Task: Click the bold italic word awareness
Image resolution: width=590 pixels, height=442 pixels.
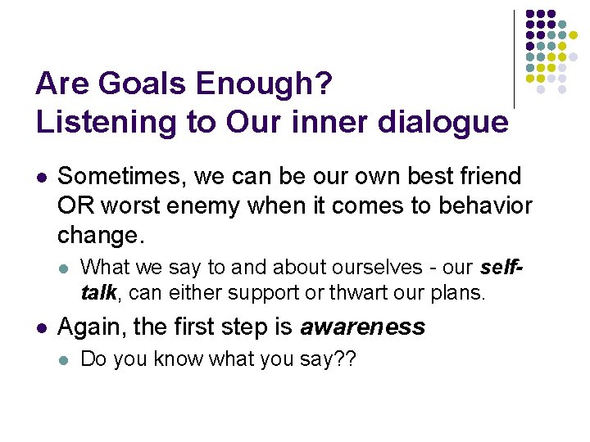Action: pyautogui.click(x=363, y=327)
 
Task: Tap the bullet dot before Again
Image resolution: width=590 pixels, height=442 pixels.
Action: pyautogui.click(x=42, y=328)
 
